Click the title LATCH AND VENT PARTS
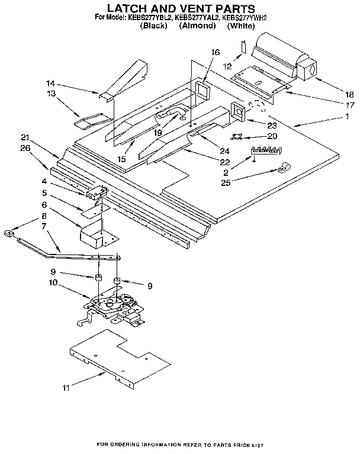(x=180, y=8)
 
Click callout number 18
(x=349, y=94)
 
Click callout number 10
(x=53, y=282)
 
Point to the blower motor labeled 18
(x=284, y=59)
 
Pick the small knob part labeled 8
(x=9, y=234)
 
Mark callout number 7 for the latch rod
(x=43, y=226)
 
